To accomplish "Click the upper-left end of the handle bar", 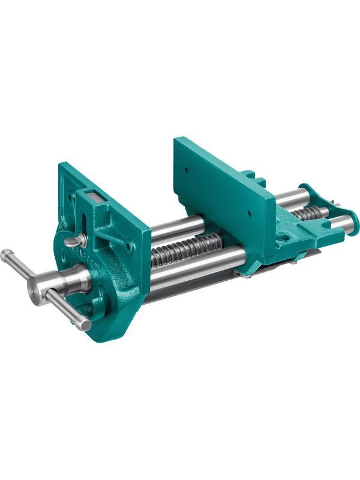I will [6, 254].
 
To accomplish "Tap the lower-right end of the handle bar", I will [86, 325].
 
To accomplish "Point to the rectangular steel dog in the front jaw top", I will [92, 196].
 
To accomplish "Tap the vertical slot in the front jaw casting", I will [84, 224].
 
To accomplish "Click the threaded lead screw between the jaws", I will [186, 247].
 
